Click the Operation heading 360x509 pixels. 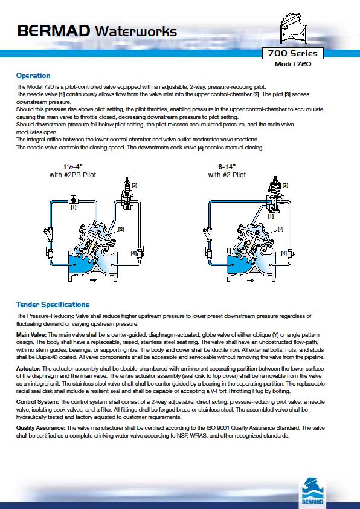33,76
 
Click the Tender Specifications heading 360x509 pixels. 53,305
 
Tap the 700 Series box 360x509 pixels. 292,53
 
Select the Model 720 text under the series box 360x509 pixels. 293,64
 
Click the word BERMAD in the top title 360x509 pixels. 54,31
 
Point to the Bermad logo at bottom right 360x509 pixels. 312,490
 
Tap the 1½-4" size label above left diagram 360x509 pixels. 73,167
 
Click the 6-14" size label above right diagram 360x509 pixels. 227,167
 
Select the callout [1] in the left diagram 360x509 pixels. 74,207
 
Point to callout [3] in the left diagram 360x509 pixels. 134,185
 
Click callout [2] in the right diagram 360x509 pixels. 280,229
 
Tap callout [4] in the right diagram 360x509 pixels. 284,253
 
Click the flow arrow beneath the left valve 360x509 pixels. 94,280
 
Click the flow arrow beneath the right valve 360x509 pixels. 251,280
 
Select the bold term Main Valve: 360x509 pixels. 31,335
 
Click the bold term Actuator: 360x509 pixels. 28,368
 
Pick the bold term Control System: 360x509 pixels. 37,402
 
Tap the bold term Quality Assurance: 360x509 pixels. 41,428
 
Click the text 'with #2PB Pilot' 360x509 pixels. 72,175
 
